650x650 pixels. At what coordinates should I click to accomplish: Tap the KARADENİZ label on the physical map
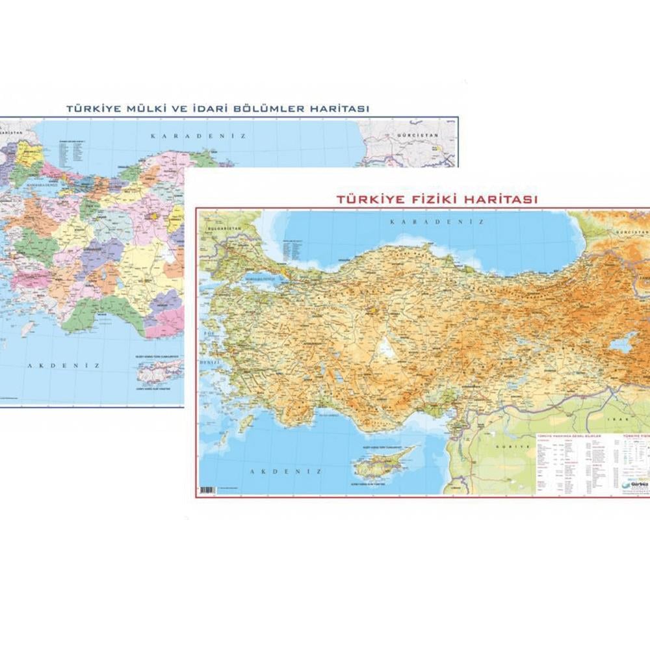[x=437, y=222]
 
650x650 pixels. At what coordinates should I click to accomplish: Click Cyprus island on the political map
[x=159, y=372]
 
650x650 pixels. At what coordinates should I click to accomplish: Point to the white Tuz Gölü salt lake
[x=387, y=348]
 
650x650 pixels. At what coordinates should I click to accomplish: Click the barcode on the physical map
[x=207, y=489]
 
